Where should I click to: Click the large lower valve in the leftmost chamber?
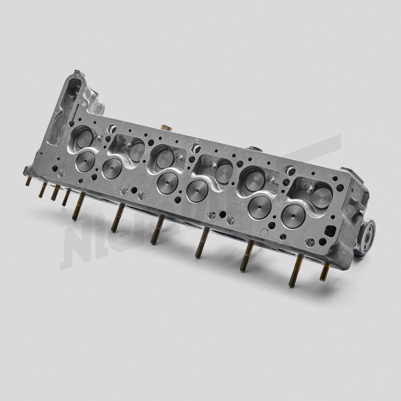click(x=85, y=162)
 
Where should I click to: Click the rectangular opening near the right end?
click(x=331, y=231)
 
